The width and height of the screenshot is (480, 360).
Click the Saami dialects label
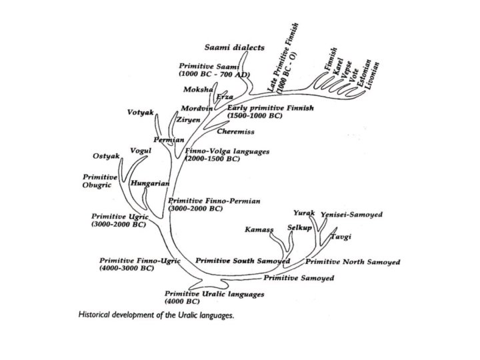coord(234,47)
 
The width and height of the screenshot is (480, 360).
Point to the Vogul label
coord(141,150)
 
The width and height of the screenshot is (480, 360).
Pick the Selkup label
coord(300,228)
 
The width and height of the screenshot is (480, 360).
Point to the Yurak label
coord(303,213)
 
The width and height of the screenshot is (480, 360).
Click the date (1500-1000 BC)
coord(255,115)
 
